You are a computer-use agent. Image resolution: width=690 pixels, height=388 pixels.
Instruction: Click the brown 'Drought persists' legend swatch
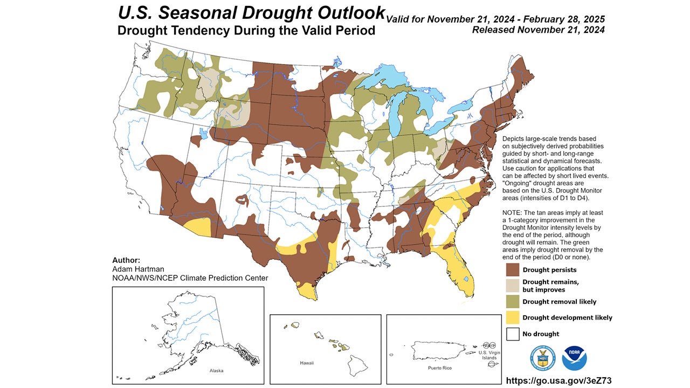click(512, 269)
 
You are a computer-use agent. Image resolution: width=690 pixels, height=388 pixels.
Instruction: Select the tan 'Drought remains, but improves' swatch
click(512, 286)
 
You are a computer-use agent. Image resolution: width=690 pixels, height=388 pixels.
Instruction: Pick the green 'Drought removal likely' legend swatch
click(512, 302)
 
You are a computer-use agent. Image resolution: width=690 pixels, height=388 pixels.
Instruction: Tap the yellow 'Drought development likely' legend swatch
click(512, 318)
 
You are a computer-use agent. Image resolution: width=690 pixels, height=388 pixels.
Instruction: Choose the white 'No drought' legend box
click(512, 334)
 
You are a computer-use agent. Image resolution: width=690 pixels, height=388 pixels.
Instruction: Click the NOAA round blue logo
click(575, 358)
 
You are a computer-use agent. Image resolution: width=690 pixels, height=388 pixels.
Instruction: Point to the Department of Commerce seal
click(542, 358)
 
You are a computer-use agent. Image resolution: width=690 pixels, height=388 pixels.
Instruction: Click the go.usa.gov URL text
click(558, 381)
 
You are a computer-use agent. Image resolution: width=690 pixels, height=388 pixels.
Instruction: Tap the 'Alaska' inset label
click(216, 371)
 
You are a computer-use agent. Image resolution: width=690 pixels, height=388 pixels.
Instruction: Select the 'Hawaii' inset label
click(306, 363)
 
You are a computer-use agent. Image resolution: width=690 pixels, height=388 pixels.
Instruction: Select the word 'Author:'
click(126, 260)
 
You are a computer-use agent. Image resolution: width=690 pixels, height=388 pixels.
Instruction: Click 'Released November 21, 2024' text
click(538, 30)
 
